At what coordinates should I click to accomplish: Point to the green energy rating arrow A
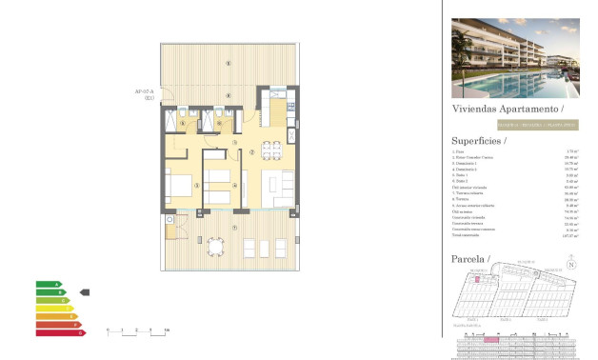pyautogui.click(x=49, y=284)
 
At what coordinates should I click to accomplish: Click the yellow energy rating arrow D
pyautogui.click(x=54, y=309)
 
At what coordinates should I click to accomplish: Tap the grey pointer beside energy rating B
pyautogui.click(x=84, y=292)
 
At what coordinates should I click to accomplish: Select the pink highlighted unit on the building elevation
pyautogui.click(x=491, y=339)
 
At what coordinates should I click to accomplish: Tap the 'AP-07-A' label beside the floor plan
pyautogui.click(x=146, y=92)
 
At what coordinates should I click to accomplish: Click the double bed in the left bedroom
pyautogui.click(x=181, y=185)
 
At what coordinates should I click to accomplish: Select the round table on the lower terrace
pyautogui.click(x=216, y=248)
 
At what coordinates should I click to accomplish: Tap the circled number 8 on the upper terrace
pyautogui.click(x=227, y=63)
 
